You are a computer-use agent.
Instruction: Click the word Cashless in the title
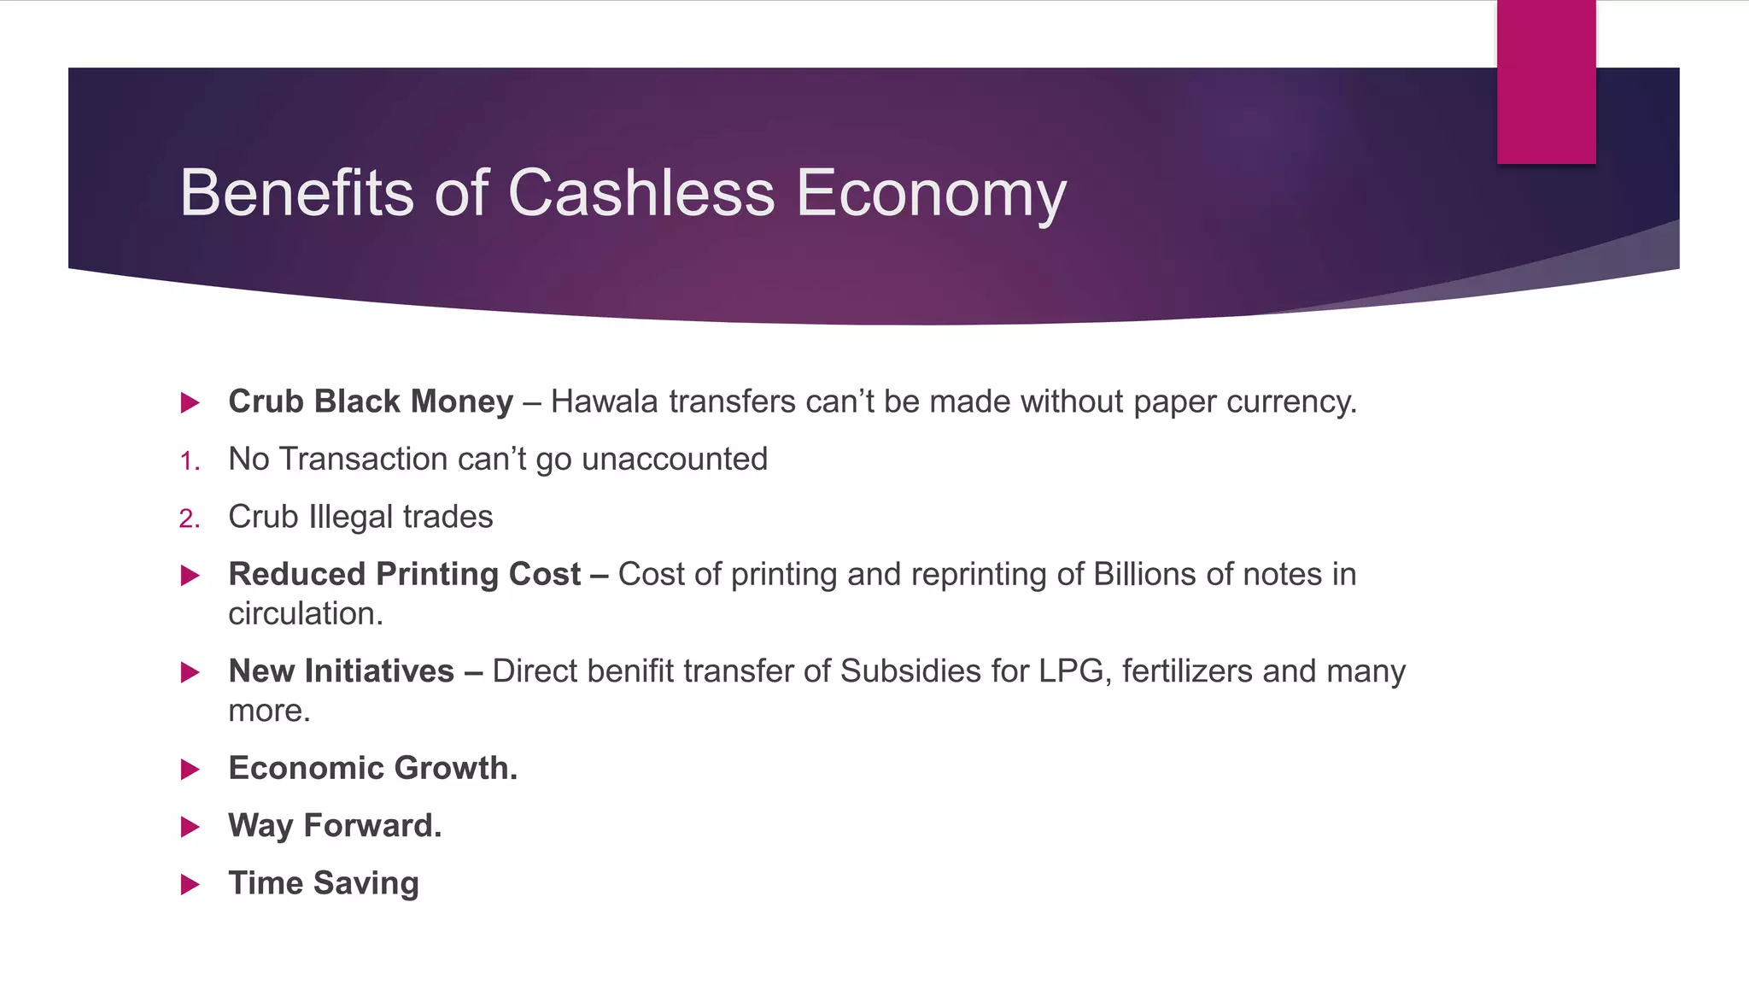641,193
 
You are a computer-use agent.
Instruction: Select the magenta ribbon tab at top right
1546,82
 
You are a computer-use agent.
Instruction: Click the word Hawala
604,401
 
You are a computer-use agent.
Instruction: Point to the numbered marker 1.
190,462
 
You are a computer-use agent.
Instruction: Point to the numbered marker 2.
190,519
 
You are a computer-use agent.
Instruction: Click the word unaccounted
675,460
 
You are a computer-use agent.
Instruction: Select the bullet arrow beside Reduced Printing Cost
190,576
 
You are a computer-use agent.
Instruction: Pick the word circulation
304,614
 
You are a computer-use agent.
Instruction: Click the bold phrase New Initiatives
341,671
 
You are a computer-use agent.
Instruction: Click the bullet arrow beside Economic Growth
190,770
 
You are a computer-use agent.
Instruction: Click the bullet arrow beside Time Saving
190,884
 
